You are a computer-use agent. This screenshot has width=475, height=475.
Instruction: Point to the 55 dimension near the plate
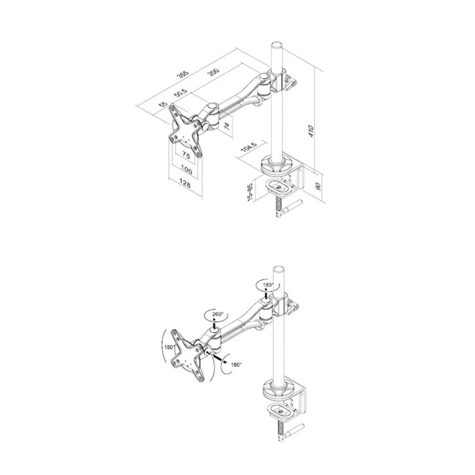163,104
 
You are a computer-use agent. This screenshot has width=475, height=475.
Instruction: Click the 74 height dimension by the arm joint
227,126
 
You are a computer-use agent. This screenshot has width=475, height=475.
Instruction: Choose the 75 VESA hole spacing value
186,155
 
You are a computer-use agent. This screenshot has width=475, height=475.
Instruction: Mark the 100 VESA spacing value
186,170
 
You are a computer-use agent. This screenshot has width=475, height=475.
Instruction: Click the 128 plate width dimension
185,185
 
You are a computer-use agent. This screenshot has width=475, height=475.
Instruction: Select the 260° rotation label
217,314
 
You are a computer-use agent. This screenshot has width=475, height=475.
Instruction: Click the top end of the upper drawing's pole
276,45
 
